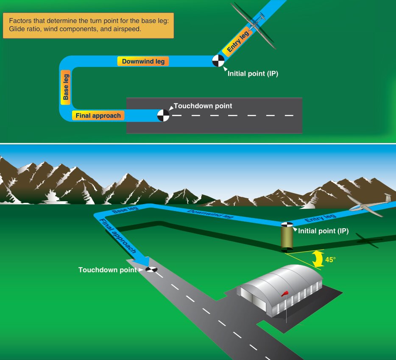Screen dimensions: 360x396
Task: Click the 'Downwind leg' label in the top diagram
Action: coord(143,61)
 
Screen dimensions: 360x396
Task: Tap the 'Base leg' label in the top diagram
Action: coord(66,86)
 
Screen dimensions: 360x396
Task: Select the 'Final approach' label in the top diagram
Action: coord(98,115)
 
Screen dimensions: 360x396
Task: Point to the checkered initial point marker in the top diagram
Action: coord(218,61)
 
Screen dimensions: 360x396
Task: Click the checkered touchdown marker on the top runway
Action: coord(163,115)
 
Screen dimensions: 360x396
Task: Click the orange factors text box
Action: coord(88,25)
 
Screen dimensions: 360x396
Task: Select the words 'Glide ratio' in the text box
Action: coord(25,30)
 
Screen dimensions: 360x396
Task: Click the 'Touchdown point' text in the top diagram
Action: coord(203,106)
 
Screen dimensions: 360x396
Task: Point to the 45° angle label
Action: coord(330,260)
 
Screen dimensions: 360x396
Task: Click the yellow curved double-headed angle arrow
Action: coord(316,259)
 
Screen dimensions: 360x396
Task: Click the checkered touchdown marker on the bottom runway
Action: coord(151,269)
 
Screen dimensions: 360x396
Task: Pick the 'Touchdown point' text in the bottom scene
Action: coord(107,270)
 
